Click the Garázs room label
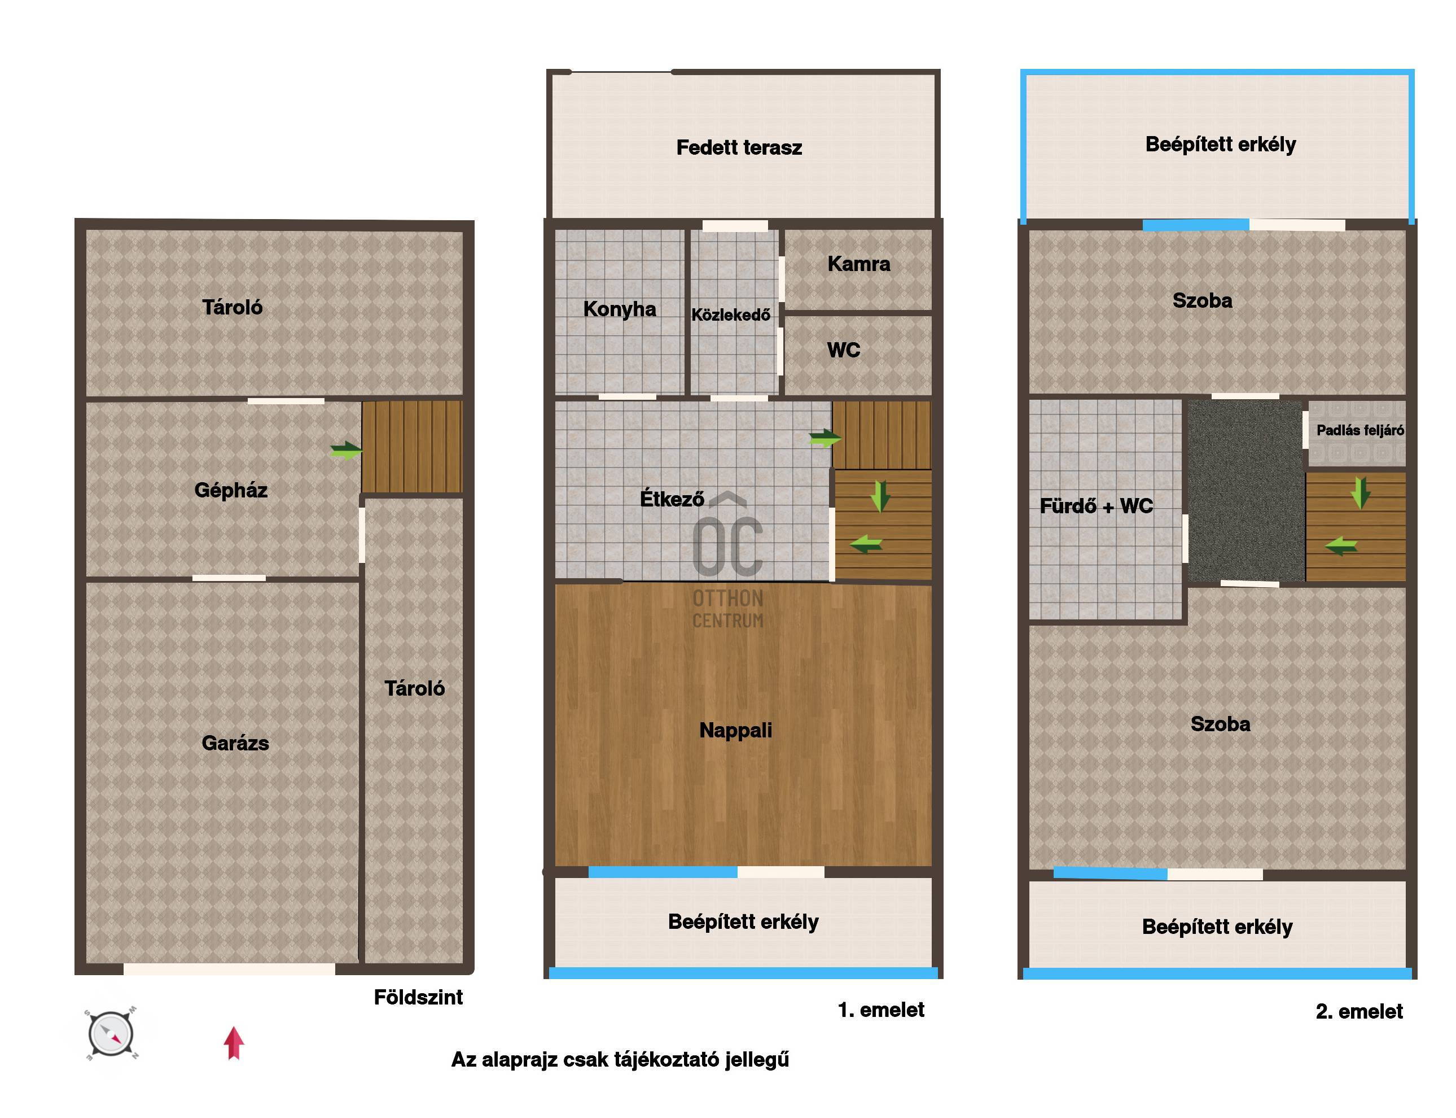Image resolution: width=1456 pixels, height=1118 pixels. (235, 743)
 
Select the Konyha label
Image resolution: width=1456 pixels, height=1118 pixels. (619, 309)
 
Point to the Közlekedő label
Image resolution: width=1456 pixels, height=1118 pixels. (730, 315)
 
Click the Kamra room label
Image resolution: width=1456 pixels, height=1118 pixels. (859, 264)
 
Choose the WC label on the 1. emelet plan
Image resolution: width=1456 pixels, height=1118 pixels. (843, 350)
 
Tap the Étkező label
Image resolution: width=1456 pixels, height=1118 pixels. (671, 499)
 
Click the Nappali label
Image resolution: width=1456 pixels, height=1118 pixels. (736, 731)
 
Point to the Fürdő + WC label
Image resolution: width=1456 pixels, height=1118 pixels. (1096, 506)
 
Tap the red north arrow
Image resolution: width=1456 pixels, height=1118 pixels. (234, 1042)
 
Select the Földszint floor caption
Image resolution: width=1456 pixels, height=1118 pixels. (418, 998)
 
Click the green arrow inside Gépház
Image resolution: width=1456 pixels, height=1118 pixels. (347, 451)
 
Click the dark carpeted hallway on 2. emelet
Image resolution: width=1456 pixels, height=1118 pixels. (1244, 491)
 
